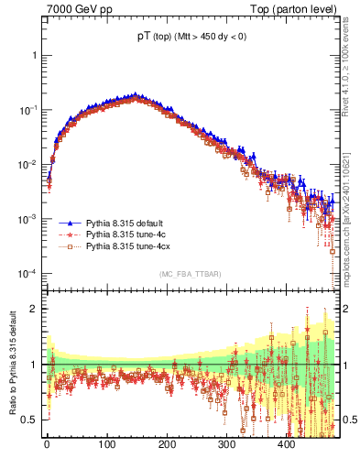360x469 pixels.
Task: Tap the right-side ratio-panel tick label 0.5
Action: [x=348, y=420]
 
